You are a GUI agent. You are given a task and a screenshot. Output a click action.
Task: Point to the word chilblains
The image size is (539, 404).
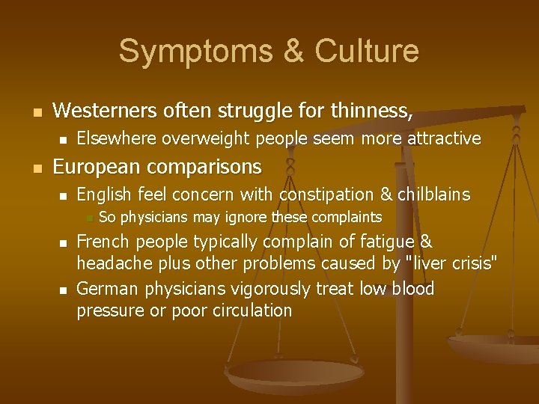coord(433,195)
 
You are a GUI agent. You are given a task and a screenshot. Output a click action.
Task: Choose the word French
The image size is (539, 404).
coord(104,242)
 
